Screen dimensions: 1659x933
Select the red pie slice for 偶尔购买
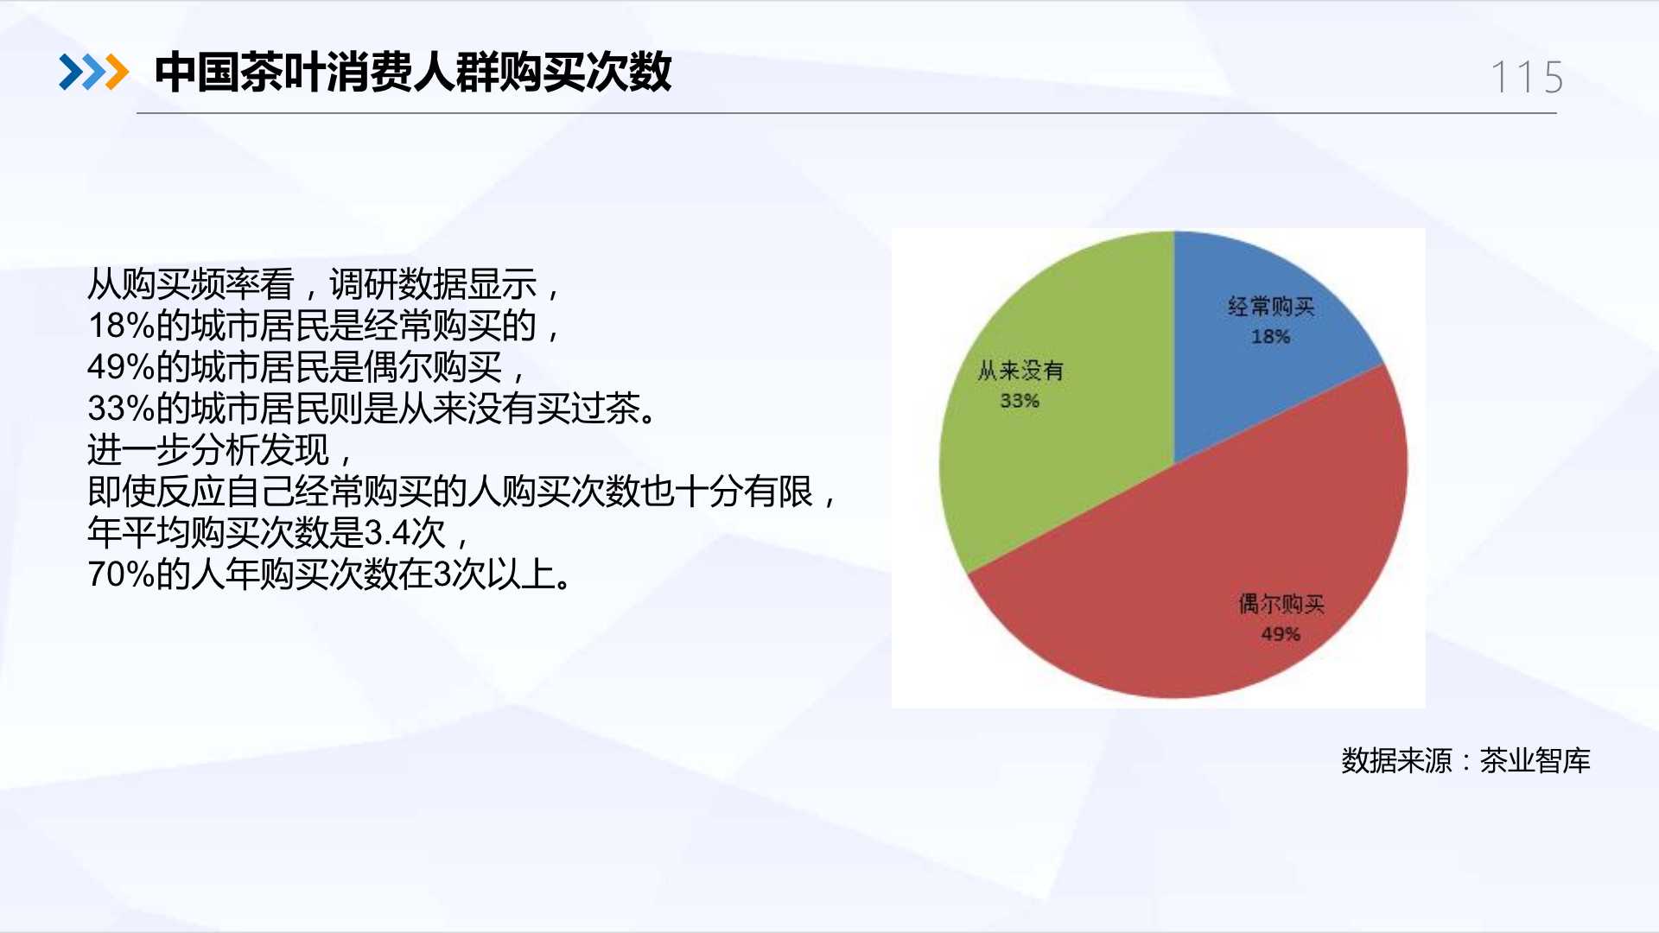(1210, 570)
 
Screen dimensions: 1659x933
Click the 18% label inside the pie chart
(1270, 337)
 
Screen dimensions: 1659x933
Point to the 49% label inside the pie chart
(1281, 634)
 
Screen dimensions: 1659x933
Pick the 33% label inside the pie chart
(1020, 401)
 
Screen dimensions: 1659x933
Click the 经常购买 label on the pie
(1271, 307)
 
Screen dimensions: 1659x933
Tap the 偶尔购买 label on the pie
(1281, 604)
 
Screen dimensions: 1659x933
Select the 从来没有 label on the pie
(1020, 371)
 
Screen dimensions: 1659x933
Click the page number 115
(1528, 78)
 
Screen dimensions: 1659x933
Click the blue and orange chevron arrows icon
(93, 72)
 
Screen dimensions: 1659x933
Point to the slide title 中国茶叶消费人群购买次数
(413, 72)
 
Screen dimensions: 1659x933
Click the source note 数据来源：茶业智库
(1465, 760)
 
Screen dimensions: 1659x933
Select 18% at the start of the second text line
(121, 326)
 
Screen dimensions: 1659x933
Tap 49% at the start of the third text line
(121, 367)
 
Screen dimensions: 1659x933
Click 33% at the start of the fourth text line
(121, 409)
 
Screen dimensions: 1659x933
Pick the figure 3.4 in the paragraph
(387, 533)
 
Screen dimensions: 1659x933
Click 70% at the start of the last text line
(121, 574)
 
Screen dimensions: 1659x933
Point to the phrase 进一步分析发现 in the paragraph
(208, 450)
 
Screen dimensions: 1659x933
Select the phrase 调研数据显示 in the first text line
(433, 284)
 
